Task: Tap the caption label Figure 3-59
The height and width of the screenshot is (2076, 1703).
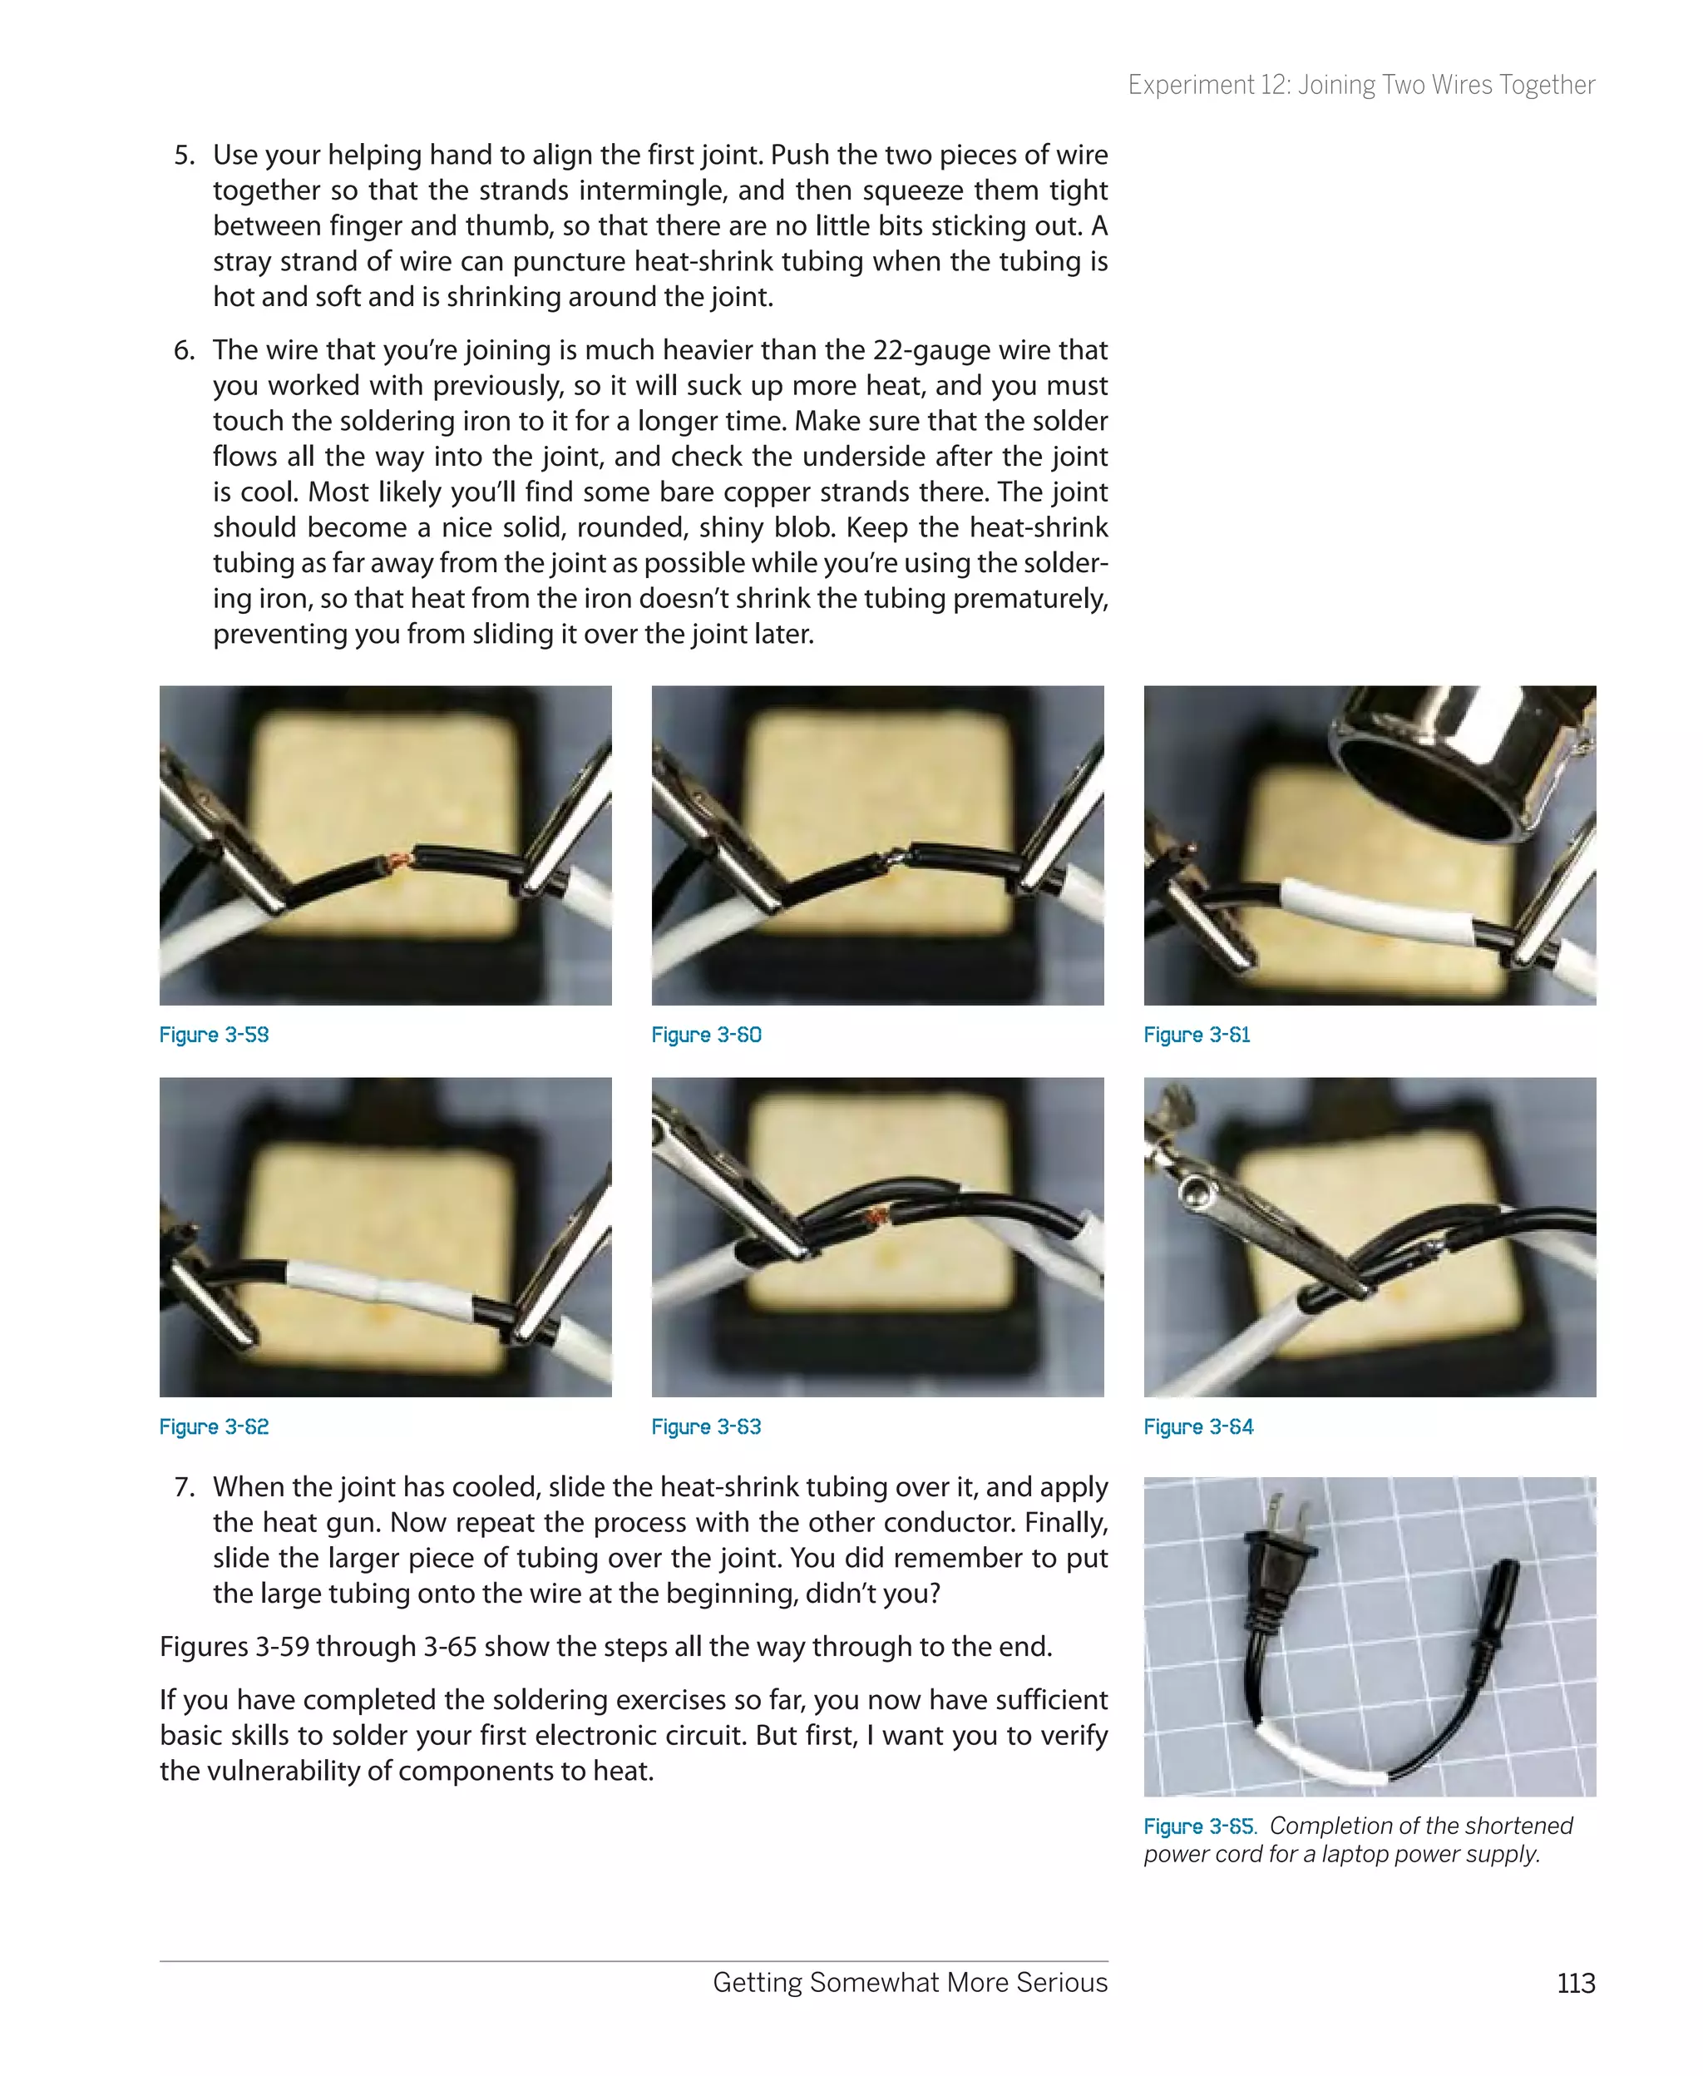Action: coord(214,1035)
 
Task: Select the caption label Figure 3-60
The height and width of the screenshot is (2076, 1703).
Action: coord(706,1035)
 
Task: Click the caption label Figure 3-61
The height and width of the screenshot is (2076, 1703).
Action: coord(1197,1035)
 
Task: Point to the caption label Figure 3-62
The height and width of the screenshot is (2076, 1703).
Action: coord(214,1426)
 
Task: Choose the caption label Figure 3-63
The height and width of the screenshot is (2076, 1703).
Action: coord(706,1426)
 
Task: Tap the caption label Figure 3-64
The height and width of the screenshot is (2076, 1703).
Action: coord(1197,1426)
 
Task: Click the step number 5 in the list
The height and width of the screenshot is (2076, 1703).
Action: coord(184,155)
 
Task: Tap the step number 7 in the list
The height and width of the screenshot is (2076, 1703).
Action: coord(184,1486)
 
